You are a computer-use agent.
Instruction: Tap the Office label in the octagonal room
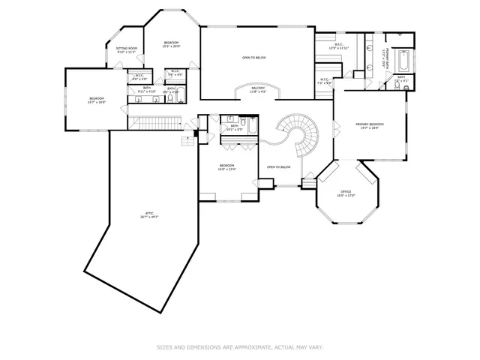pos(346,193)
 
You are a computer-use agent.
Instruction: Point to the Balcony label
pos(258,91)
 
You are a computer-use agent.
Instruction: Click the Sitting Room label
pos(125,51)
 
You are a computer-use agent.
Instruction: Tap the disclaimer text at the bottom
pos(239,347)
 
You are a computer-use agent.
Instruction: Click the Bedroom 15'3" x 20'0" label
pos(172,44)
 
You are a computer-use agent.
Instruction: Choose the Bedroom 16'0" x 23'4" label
pos(227,167)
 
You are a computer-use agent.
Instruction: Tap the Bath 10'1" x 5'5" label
pos(235,127)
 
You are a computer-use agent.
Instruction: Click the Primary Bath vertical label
pos(385,57)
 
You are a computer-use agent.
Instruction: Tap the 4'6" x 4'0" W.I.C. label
pos(139,76)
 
